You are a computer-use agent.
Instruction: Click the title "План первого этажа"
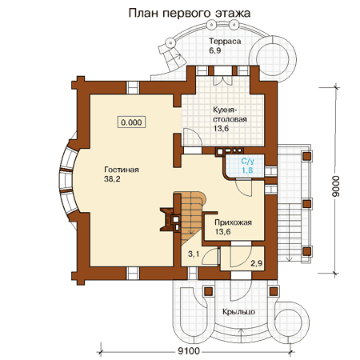tap(190, 13)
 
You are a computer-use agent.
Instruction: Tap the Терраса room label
tap(225, 42)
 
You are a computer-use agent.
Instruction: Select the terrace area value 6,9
tap(215, 50)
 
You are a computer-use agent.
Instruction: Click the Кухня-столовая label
tap(230, 114)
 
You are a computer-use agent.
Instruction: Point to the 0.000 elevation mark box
tap(131, 122)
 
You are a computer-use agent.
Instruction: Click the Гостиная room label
tap(122, 170)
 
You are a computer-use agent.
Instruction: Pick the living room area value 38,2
tap(112, 179)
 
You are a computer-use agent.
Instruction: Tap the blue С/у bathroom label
tap(247, 161)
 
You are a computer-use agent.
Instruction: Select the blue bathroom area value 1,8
tap(247, 170)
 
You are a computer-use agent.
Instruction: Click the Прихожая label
tap(233, 222)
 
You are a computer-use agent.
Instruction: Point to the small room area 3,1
tap(194, 254)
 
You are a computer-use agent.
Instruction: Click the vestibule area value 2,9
tap(257, 263)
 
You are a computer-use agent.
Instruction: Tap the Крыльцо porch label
tap(239, 312)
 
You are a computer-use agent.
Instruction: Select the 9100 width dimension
tap(188, 351)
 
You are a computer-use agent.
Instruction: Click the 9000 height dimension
tap(336, 186)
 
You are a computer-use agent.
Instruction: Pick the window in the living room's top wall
tap(133, 87)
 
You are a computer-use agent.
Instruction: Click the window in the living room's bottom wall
tap(133, 273)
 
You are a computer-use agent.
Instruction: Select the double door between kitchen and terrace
tap(222, 78)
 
